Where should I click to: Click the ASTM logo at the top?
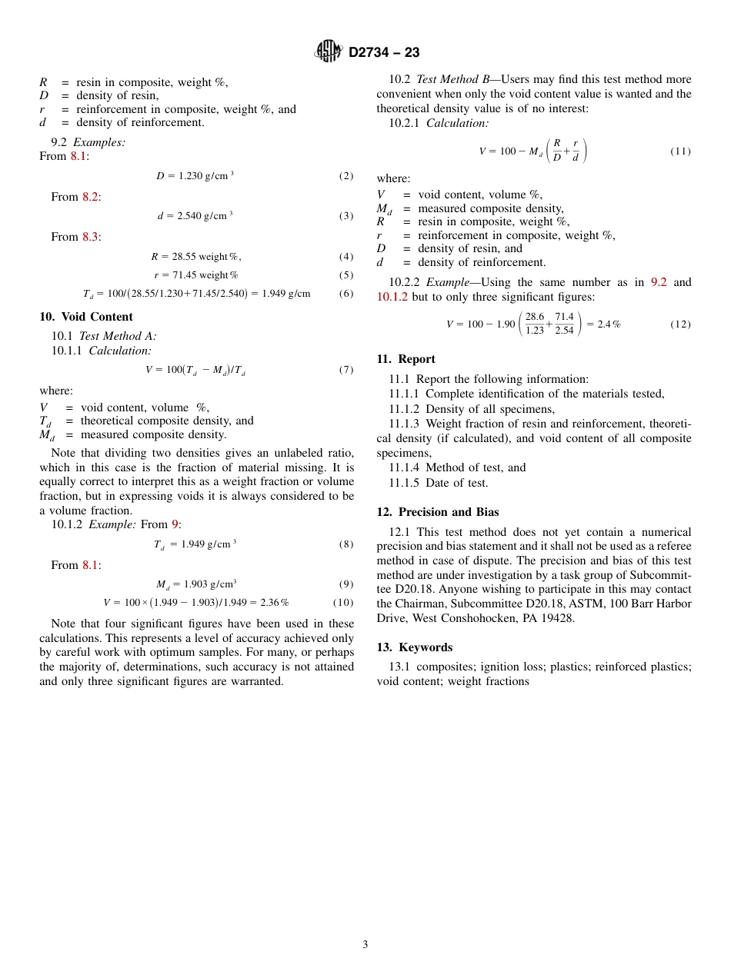click(328, 52)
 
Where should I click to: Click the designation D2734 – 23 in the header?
click(383, 52)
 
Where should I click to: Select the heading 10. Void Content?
click(86, 317)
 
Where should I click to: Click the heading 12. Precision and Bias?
click(438, 512)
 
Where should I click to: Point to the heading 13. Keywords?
click(414, 647)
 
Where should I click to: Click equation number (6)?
click(345, 294)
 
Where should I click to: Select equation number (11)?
click(680, 151)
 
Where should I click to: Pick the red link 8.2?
click(90, 197)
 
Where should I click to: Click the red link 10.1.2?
click(392, 297)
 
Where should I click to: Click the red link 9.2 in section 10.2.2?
click(659, 282)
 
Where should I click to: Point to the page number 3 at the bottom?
click(365, 945)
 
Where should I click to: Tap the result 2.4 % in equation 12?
click(609, 324)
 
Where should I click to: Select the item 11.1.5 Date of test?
click(439, 483)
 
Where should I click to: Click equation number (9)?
click(345, 584)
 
